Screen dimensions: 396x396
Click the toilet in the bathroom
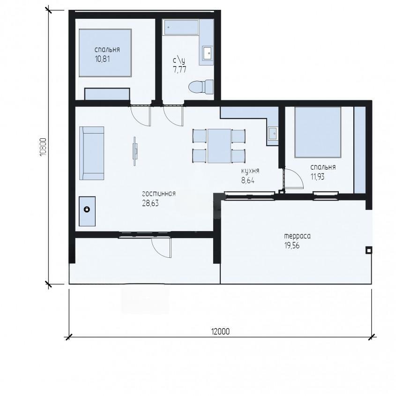[201, 87]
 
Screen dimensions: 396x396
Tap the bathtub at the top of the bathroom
[181, 27]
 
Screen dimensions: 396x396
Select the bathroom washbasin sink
[208, 53]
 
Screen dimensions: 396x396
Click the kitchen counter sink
[273, 133]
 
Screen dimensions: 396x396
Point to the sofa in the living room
[92, 153]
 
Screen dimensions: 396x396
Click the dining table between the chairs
[219, 146]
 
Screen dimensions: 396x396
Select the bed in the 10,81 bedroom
[105, 53]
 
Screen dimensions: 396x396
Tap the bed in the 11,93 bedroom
[318, 132]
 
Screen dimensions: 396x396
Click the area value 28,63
[150, 203]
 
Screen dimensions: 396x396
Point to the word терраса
[297, 236]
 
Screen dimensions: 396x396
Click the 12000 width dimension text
[220, 331]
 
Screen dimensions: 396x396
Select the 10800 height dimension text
[43, 147]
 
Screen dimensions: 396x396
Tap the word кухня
[250, 171]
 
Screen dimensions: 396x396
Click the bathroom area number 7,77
[179, 69]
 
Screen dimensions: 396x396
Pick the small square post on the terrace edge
[369, 250]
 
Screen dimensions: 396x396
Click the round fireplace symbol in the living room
[87, 209]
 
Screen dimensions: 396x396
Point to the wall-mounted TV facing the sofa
[135, 151]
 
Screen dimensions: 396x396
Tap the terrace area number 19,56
[292, 246]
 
